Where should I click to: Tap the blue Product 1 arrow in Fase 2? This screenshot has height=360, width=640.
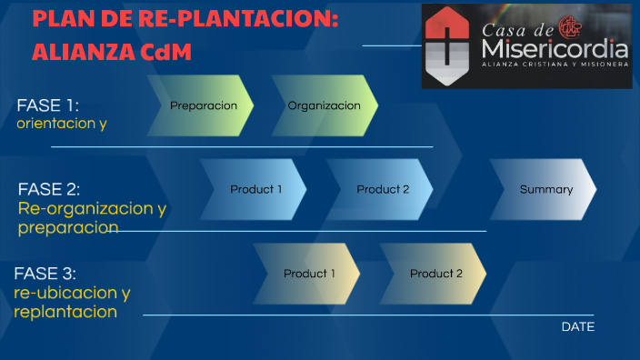click(x=255, y=189)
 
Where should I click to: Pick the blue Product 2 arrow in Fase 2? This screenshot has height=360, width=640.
click(x=382, y=189)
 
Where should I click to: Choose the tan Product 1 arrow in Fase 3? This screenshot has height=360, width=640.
click(x=309, y=274)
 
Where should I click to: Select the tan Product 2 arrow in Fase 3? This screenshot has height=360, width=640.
click(x=435, y=274)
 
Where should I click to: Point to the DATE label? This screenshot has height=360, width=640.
click(x=578, y=326)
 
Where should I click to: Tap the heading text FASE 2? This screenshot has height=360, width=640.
click(x=49, y=189)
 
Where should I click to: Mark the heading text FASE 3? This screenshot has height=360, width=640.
click(x=45, y=274)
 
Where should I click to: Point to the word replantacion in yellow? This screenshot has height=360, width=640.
click(x=65, y=312)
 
